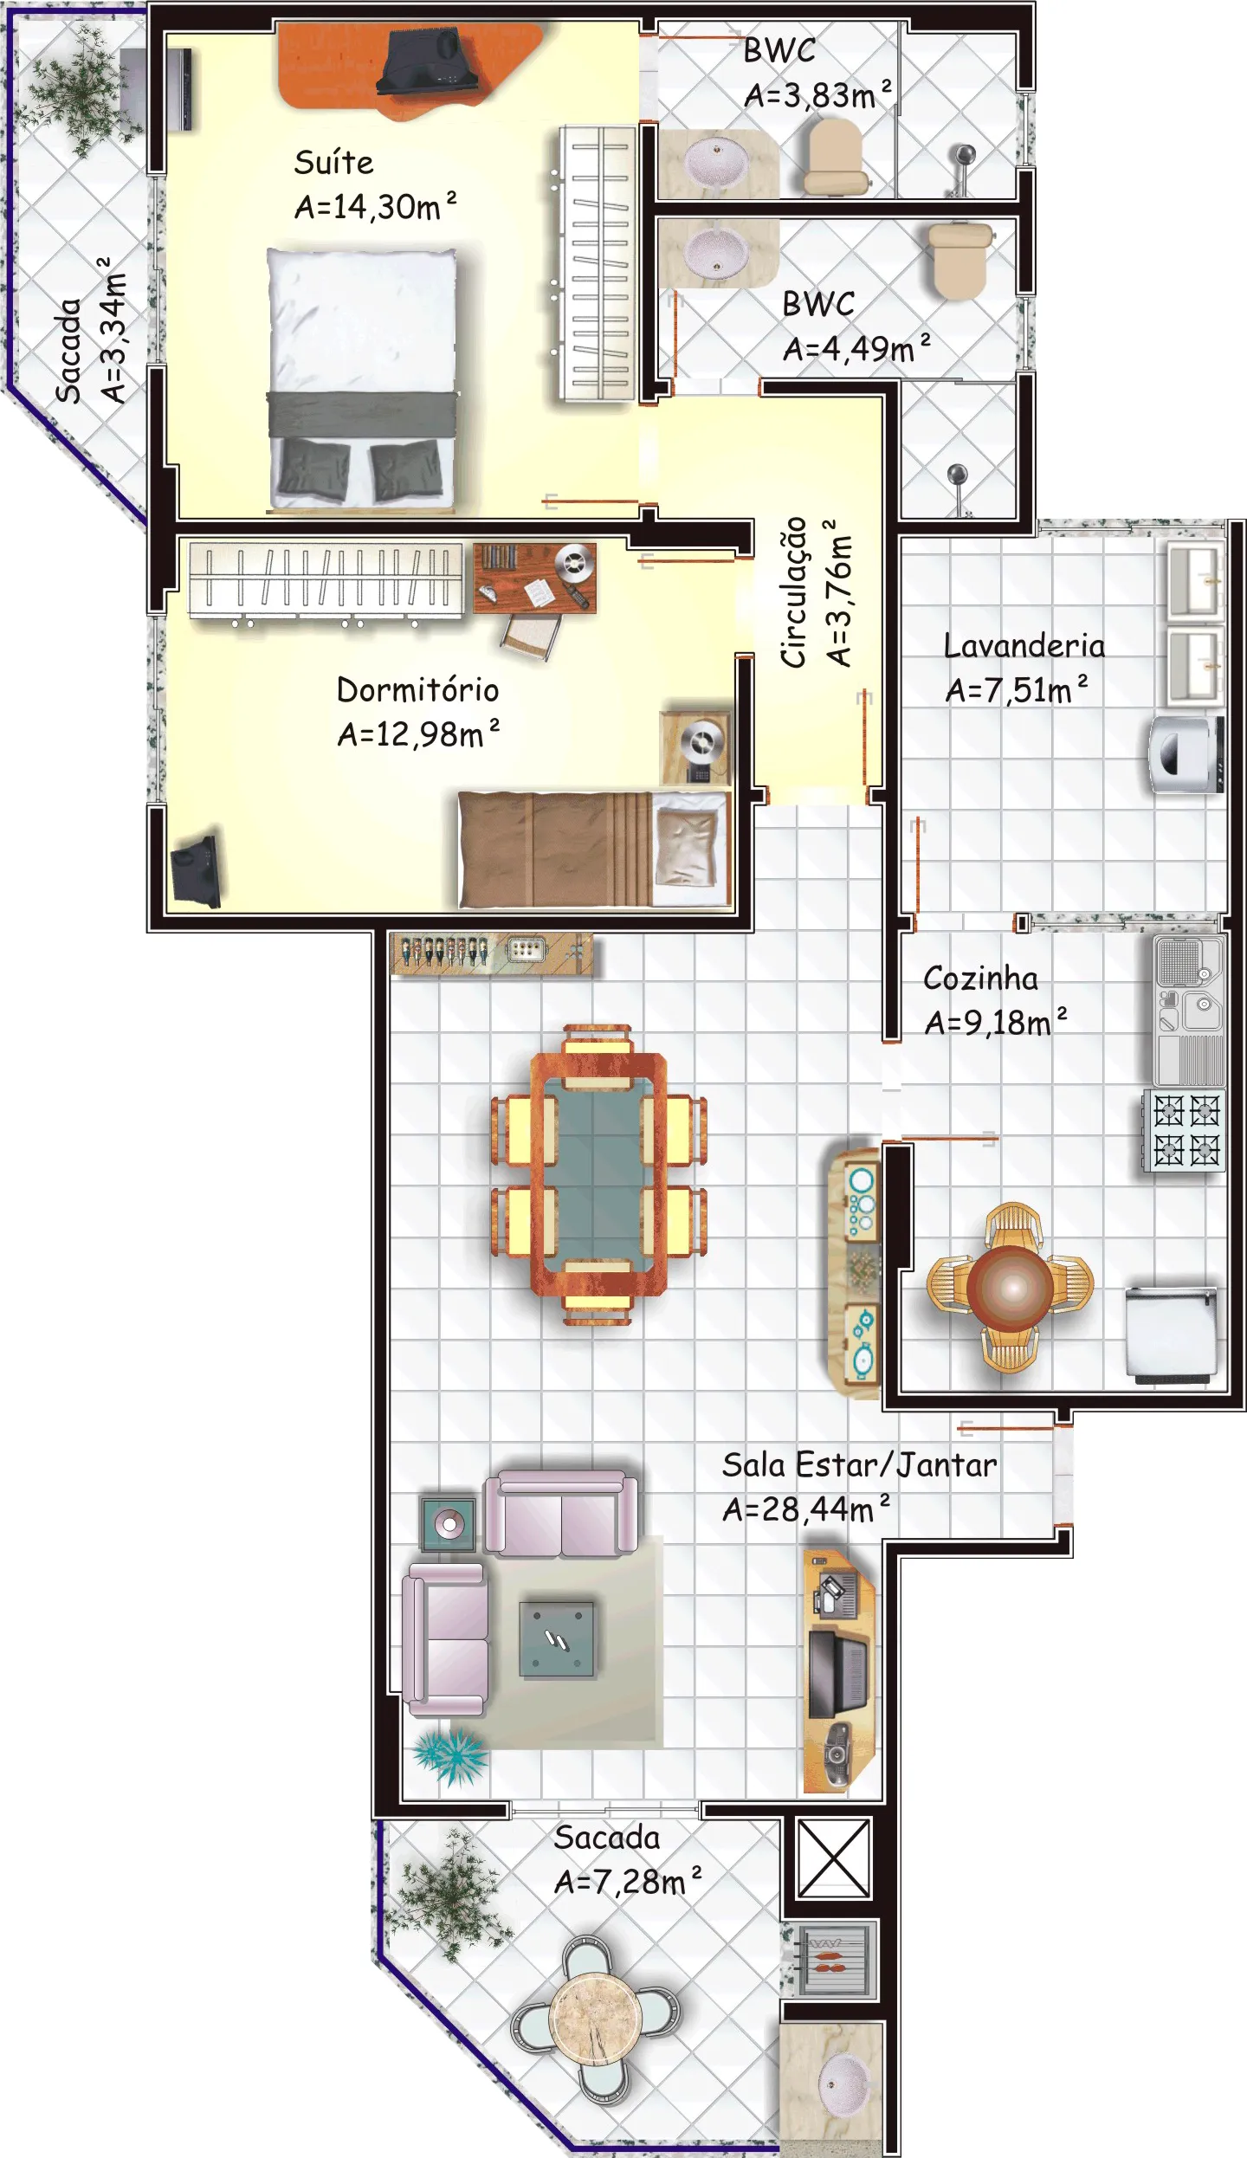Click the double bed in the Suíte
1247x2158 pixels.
tap(361, 379)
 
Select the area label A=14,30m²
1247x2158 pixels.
tap(375, 206)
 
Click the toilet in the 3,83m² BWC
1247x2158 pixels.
tap(835, 156)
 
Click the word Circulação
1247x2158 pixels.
tap(794, 592)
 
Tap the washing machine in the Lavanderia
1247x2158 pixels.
tap(1186, 753)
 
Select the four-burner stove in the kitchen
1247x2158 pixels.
tap(1184, 1130)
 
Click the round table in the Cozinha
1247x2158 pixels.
tap(1011, 1287)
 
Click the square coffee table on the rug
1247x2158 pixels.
tap(557, 1639)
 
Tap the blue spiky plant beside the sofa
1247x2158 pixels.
tap(450, 1755)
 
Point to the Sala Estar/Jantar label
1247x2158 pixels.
tap(859, 1464)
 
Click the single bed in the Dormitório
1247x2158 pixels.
tap(594, 849)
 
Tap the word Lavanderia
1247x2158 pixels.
tap(1024, 646)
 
